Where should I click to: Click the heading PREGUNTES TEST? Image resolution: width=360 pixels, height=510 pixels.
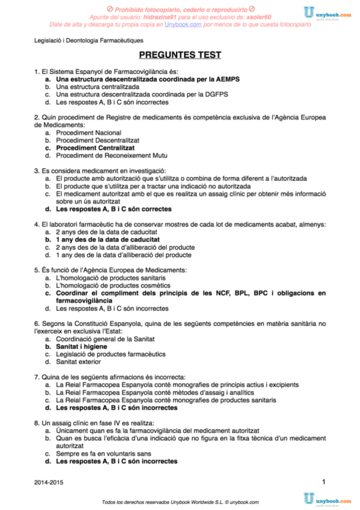click(180, 55)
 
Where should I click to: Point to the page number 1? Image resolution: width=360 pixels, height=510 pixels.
click(324, 481)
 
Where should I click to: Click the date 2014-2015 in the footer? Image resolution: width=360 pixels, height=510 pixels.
click(47, 483)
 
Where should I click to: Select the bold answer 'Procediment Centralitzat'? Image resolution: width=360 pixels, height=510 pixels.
click(94, 147)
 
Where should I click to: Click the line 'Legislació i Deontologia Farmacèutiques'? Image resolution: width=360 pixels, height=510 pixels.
click(88, 40)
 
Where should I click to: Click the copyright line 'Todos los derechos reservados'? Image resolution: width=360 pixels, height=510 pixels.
click(180, 502)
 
